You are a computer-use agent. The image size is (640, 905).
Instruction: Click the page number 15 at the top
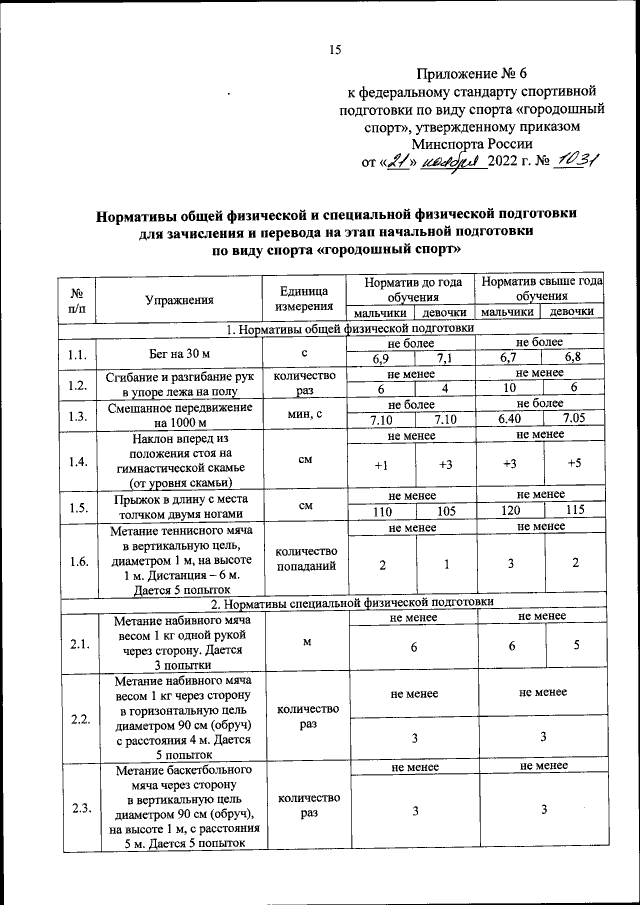click(336, 51)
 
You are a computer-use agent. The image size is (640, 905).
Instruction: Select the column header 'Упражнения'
click(179, 298)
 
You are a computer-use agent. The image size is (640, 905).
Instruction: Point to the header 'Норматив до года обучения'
click(413, 290)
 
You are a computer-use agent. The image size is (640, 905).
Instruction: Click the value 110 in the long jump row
click(380, 510)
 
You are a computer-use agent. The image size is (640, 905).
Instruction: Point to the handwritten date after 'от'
click(423, 163)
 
